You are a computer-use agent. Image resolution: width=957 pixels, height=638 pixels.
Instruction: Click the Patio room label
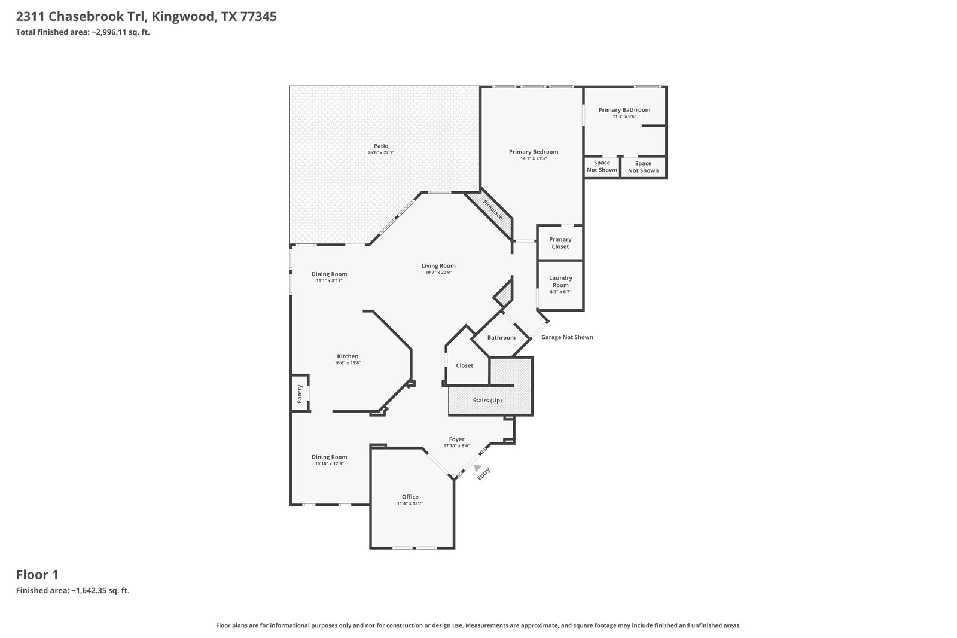[x=380, y=146]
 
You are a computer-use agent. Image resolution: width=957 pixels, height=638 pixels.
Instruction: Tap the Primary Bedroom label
[x=533, y=152]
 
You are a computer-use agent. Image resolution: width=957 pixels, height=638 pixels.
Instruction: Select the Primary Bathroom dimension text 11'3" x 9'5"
[x=624, y=117]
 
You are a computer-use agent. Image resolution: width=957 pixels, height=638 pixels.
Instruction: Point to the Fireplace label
[x=493, y=210]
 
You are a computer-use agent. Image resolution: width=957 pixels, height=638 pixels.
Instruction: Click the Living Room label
[x=438, y=265]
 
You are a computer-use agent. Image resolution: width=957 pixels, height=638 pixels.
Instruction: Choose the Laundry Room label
[x=560, y=282]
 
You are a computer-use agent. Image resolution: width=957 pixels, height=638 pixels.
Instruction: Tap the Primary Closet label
[x=560, y=243]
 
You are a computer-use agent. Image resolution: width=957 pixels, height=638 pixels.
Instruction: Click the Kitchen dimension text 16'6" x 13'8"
[x=348, y=363]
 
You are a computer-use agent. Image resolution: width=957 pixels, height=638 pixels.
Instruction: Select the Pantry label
[x=300, y=393]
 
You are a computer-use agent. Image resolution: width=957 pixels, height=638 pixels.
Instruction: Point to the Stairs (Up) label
[x=487, y=401]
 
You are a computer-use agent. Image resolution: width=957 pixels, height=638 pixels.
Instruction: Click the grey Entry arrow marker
[x=478, y=468]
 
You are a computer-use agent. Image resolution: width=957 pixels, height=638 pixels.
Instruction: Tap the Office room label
[x=410, y=497]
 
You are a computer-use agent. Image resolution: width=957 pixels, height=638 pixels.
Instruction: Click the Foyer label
[x=456, y=439]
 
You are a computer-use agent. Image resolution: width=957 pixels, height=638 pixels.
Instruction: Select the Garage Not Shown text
[x=567, y=337]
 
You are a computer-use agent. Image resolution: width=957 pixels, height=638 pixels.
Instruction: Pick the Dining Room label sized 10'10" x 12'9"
[x=329, y=457]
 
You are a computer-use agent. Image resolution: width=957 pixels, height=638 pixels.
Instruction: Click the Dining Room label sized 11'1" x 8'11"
[x=329, y=274]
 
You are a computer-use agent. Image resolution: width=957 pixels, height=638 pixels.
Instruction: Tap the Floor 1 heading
[x=37, y=575]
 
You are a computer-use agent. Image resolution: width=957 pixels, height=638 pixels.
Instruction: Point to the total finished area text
[x=83, y=32]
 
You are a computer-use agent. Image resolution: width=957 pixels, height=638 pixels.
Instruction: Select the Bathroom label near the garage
[x=501, y=337]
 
